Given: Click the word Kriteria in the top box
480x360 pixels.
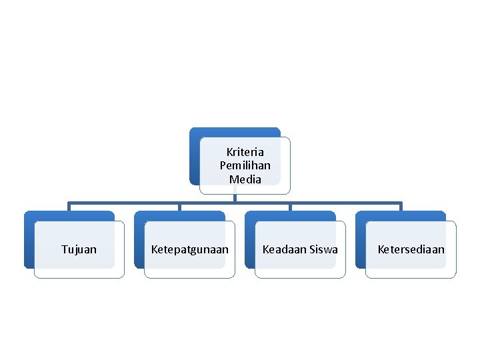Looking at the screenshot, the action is [x=245, y=152].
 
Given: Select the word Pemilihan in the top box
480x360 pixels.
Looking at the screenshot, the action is [x=245, y=165].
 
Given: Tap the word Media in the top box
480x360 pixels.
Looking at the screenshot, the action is [x=245, y=179].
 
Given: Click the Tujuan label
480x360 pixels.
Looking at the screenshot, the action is [x=79, y=249].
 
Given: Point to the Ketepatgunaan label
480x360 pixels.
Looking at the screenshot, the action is [x=189, y=249].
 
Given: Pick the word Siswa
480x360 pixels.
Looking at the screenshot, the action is [x=323, y=249].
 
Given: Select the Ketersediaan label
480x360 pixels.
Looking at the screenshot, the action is [x=411, y=249].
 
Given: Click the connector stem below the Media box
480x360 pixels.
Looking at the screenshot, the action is [x=235, y=197].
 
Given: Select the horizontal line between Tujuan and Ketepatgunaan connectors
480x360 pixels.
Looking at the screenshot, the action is [x=124, y=201].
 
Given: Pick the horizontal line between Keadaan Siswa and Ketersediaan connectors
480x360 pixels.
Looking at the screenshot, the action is [x=345, y=201].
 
